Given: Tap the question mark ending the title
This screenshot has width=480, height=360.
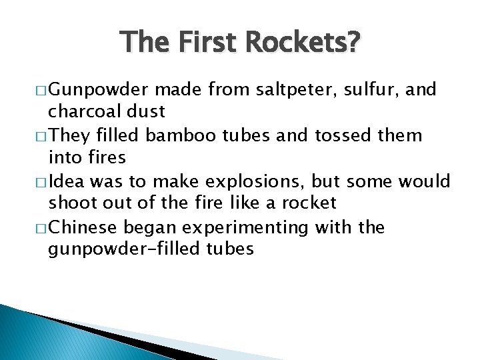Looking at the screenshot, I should pyautogui.click(x=353, y=43).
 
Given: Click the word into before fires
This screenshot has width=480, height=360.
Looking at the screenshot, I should pyautogui.click(x=66, y=158).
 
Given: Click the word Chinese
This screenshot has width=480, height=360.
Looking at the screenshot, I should pyautogui.click(x=86, y=228).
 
